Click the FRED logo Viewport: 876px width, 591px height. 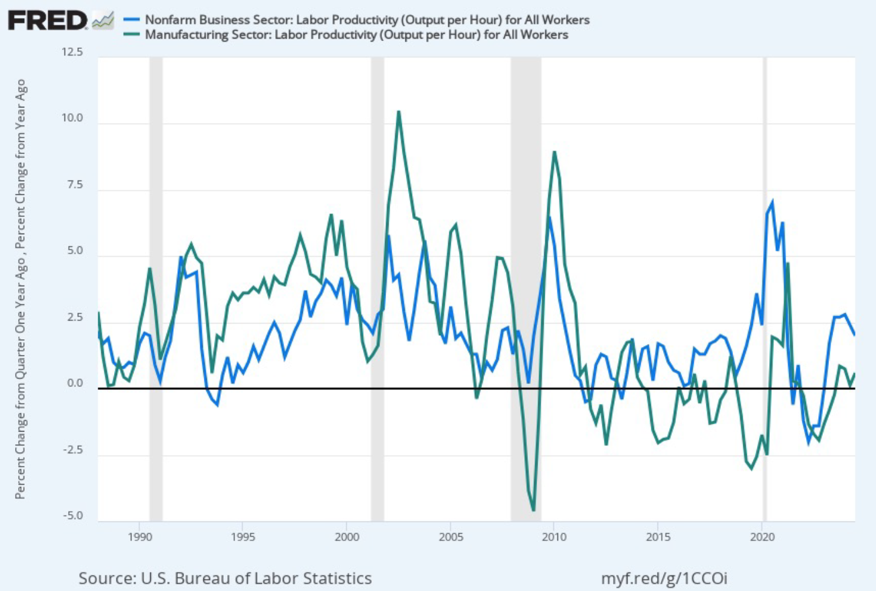coord(48,21)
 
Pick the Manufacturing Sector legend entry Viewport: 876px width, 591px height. coord(356,34)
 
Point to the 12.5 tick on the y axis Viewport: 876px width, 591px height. coord(72,53)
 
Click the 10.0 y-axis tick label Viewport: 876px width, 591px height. coord(72,118)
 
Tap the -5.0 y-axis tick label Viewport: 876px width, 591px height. coord(72,516)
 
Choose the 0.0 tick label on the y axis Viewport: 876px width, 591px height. coord(75,383)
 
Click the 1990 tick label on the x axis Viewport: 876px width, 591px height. coord(140,537)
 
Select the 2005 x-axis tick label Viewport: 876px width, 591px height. coord(450,537)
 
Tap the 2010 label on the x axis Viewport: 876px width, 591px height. coord(554,537)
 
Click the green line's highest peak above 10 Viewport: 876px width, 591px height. coord(399,112)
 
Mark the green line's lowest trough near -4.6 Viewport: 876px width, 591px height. coord(533,511)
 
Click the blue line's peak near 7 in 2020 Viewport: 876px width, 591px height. coord(772,202)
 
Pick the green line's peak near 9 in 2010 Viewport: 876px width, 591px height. coord(554,152)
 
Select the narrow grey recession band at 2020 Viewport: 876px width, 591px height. coord(764,290)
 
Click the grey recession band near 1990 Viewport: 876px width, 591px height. coord(156,290)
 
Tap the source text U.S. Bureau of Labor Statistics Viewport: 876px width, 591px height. coord(225,578)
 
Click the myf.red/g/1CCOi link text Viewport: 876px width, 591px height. coord(664,578)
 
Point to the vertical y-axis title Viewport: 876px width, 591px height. coord(21,289)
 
